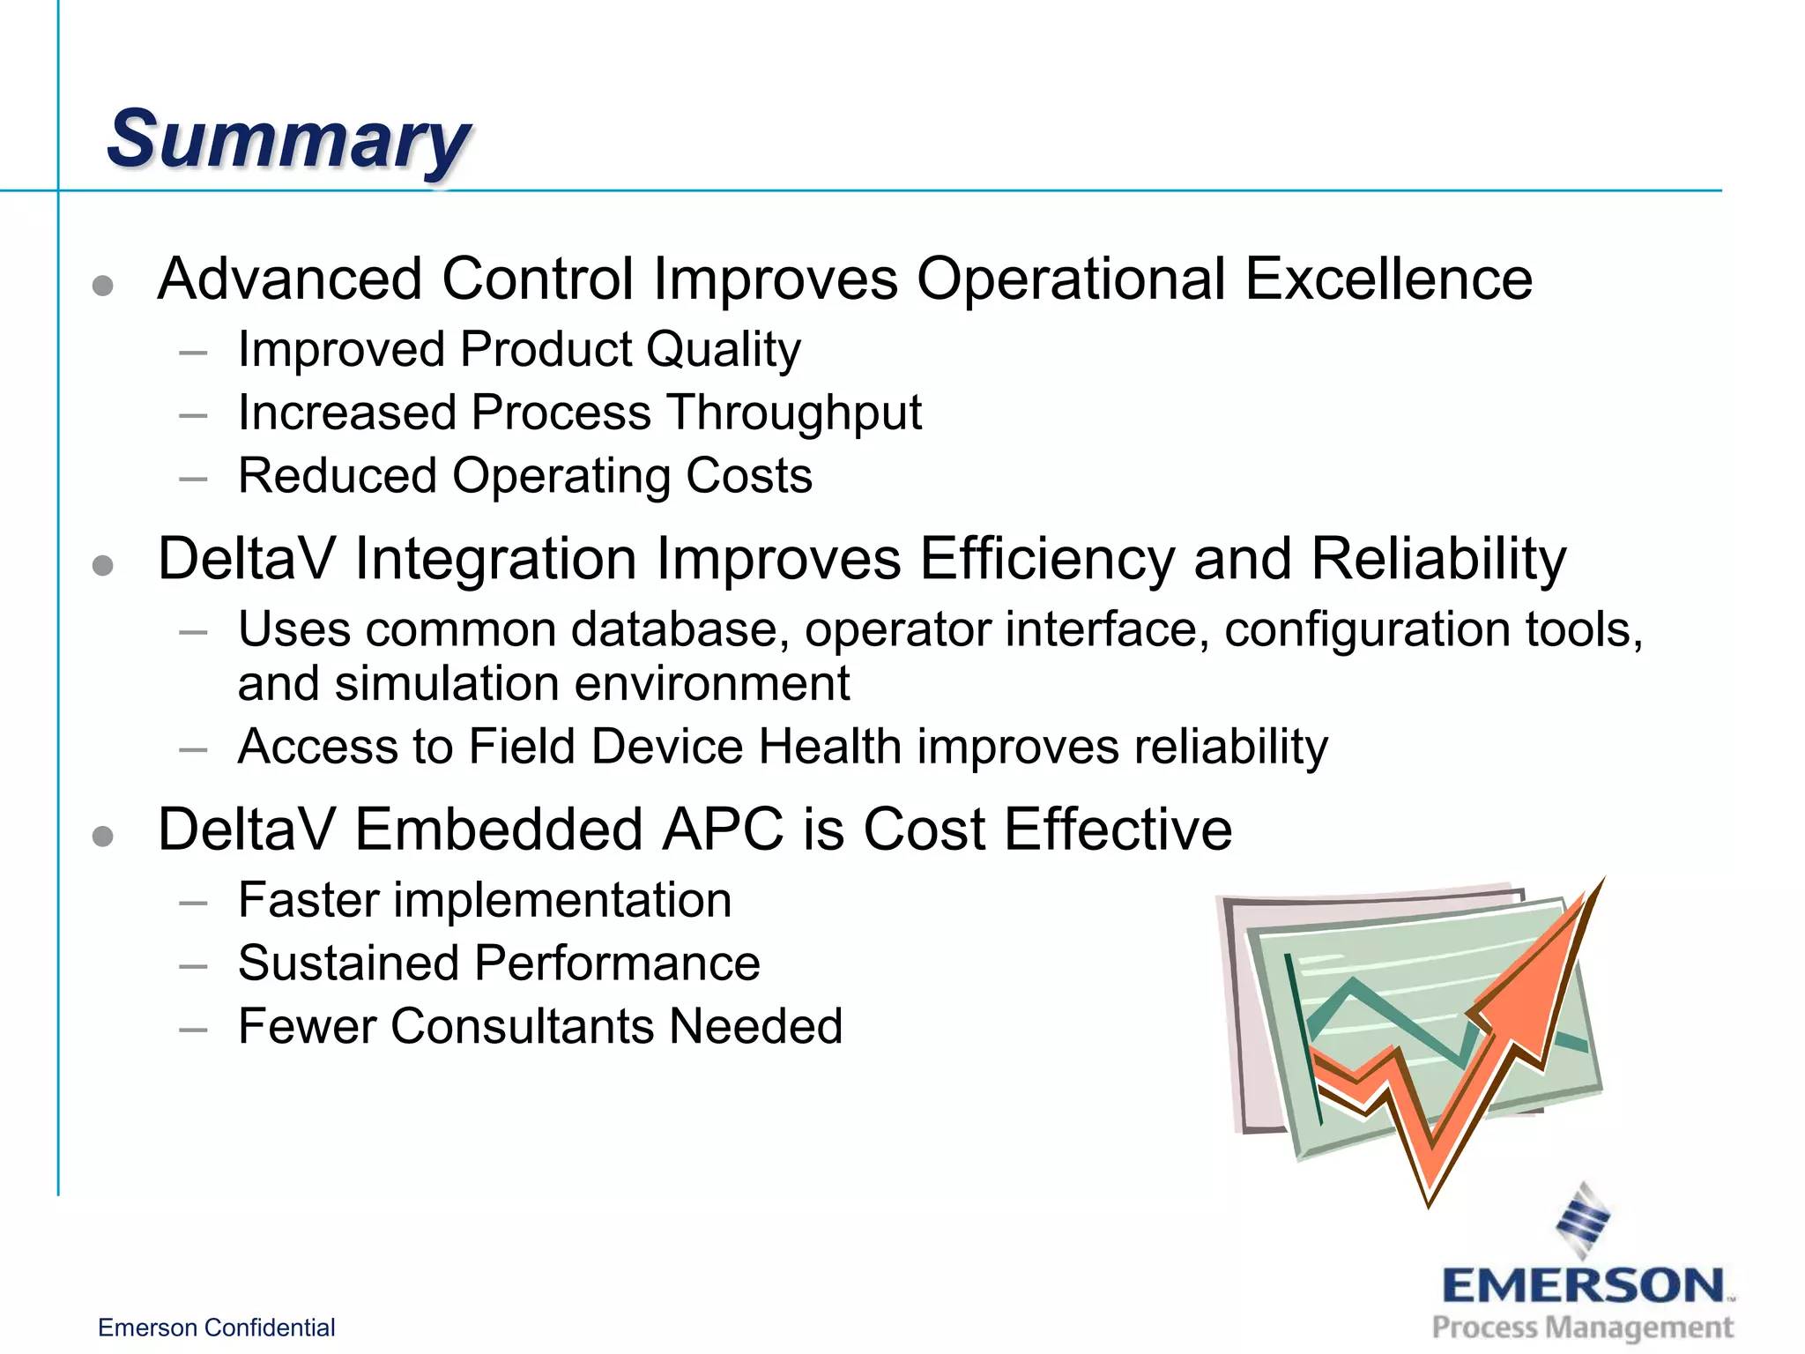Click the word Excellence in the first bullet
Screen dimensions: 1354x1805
1388,279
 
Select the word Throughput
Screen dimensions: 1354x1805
793,413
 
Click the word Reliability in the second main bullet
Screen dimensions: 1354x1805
1438,559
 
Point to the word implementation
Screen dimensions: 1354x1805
562,900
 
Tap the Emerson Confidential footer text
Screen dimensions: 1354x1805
216,1328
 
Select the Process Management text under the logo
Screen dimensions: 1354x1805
1582,1328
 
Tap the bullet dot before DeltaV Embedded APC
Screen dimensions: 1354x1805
103,836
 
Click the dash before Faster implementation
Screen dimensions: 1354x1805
192,904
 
